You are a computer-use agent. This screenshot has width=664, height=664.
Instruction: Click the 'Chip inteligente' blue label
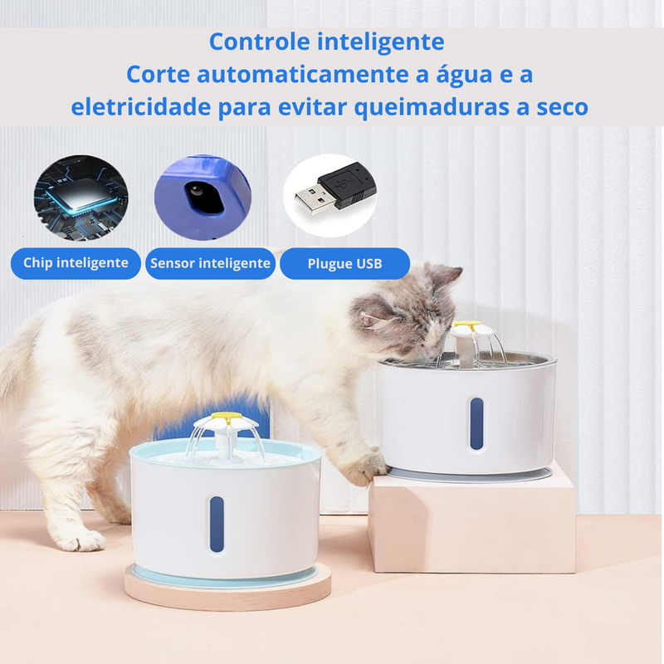(x=76, y=263)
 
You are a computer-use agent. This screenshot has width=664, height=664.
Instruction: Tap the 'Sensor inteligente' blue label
(x=210, y=263)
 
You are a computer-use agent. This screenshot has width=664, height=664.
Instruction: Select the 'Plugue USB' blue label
(x=344, y=263)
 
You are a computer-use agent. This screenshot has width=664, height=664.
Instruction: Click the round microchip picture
(x=81, y=198)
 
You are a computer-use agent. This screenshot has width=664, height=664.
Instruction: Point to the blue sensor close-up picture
(x=203, y=198)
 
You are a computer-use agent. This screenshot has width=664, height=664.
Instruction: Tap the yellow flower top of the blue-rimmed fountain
(x=226, y=419)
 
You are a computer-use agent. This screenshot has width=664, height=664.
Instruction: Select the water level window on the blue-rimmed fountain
(x=217, y=524)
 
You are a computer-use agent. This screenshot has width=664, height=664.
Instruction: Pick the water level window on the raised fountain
(x=476, y=423)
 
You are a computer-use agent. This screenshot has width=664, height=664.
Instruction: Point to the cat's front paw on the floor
(x=81, y=541)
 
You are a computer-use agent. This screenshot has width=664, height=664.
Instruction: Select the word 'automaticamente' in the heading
(x=303, y=75)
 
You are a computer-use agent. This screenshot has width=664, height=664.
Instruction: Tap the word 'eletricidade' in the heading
(x=140, y=107)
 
